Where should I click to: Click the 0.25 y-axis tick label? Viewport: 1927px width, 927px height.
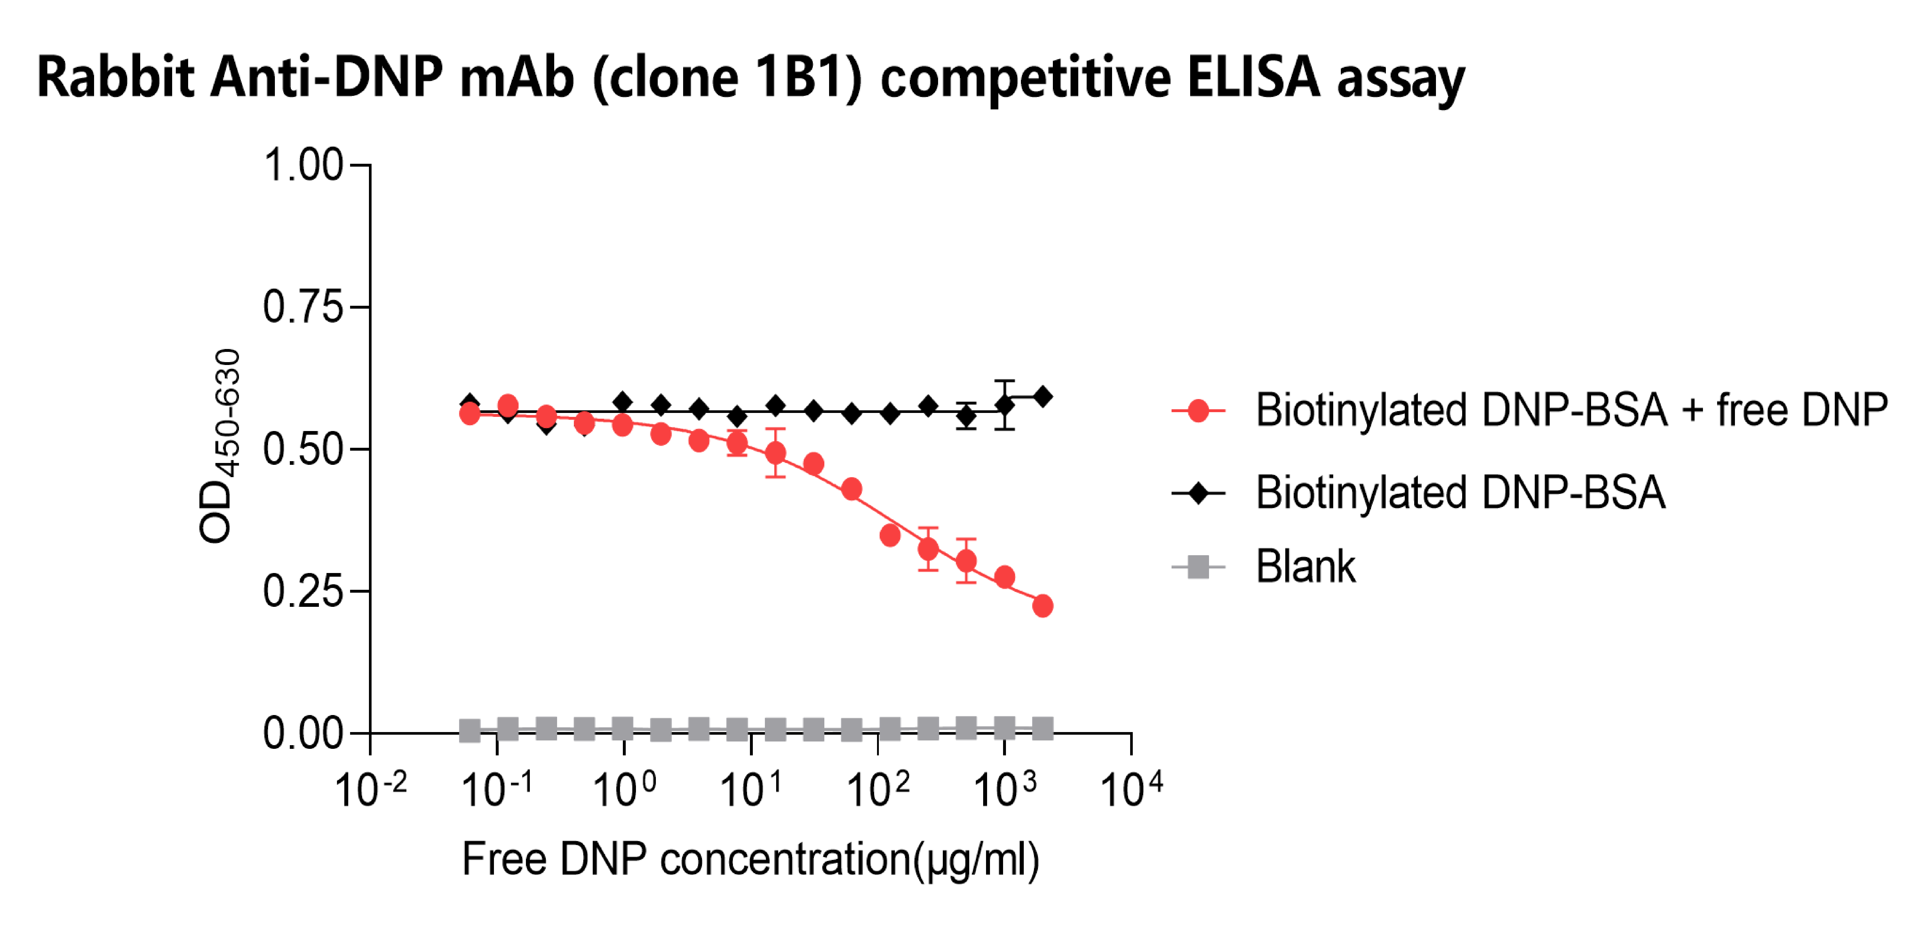[x=303, y=591]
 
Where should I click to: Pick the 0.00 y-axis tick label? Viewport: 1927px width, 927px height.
[x=303, y=733]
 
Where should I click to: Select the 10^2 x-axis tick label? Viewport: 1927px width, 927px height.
[x=878, y=789]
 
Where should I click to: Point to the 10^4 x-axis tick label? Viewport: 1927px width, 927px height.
[x=1131, y=789]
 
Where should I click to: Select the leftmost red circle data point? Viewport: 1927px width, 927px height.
[x=470, y=413]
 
